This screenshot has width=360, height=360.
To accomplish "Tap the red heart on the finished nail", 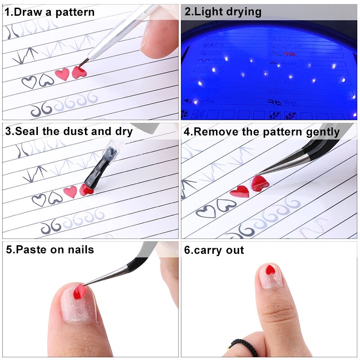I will pyautogui.click(x=270, y=270).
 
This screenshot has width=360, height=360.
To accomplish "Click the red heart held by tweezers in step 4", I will pyautogui.click(x=260, y=183).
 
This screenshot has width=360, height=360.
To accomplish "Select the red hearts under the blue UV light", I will pyautogui.click(x=289, y=54).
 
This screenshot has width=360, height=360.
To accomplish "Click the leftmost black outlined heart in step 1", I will pyautogui.click(x=29, y=82).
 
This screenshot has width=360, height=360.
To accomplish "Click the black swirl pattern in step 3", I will pyautogui.click(x=50, y=228).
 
